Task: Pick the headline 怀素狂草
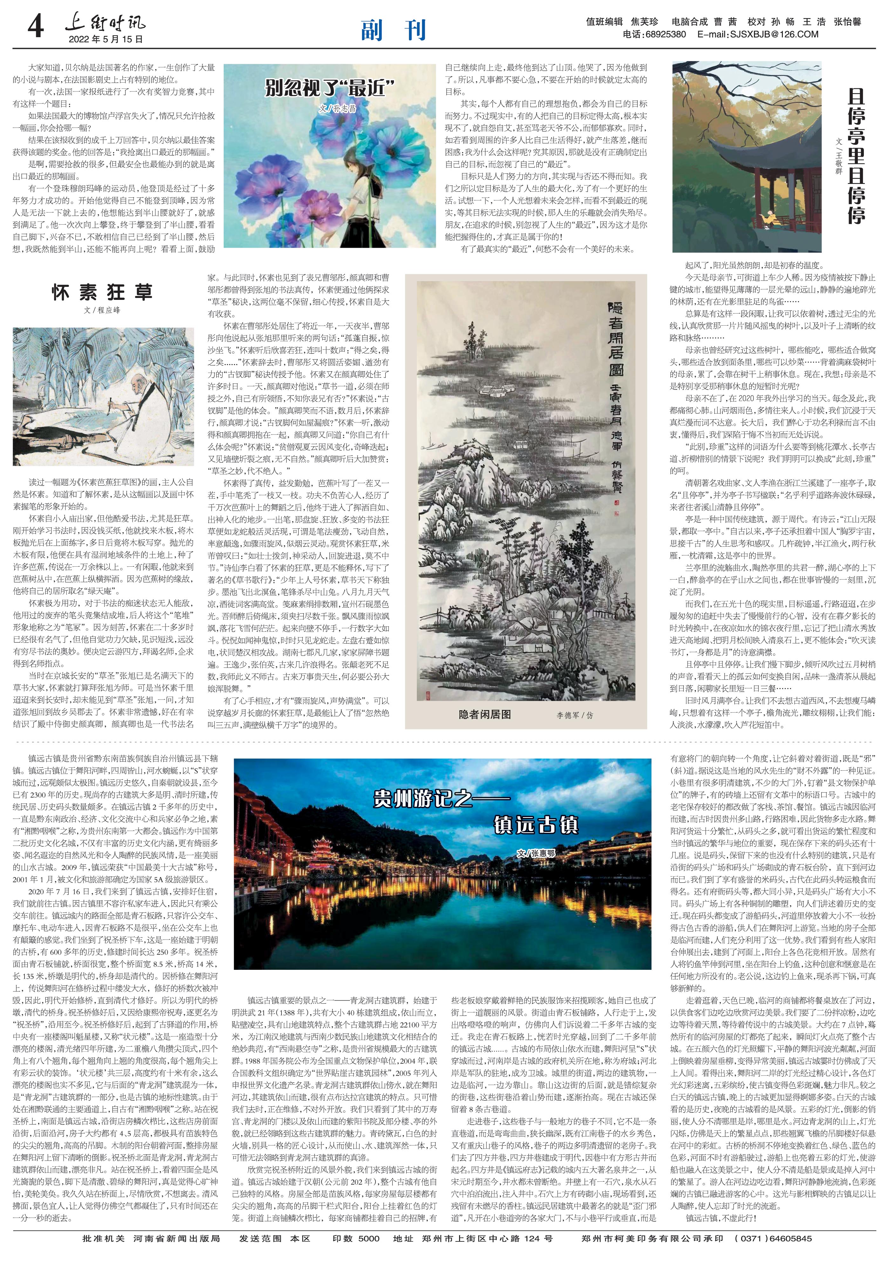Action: click(102, 293)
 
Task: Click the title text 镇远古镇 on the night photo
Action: click(535, 825)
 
